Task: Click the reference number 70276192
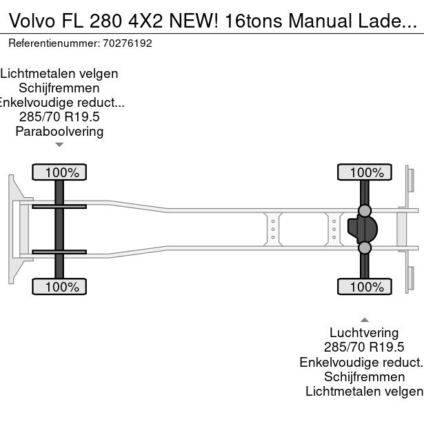click(127, 43)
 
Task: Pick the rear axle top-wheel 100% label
click(364, 172)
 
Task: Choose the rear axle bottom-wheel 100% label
click(364, 286)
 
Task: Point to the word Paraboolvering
click(59, 131)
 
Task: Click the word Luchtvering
click(364, 333)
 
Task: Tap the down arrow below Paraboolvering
click(59, 145)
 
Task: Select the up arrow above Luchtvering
click(364, 319)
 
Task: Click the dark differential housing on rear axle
click(361, 229)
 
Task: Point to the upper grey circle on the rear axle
click(365, 211)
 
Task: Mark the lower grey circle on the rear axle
click(365, 248)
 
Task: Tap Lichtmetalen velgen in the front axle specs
click(59, 73)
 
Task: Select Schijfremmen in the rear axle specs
click(364, 376)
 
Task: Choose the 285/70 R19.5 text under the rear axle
click(364, 347)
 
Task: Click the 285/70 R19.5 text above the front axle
click(59, 117)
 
